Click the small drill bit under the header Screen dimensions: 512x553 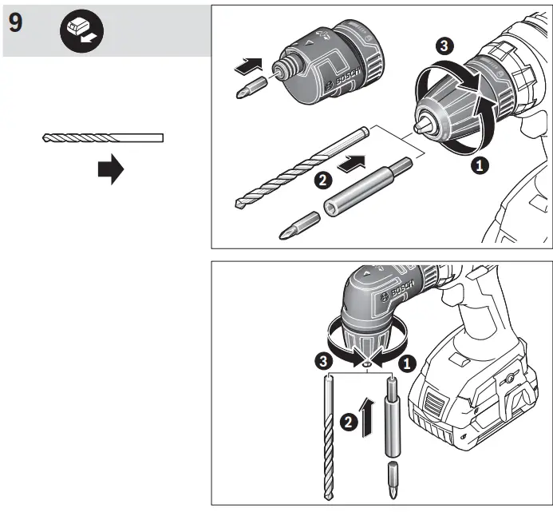pos(102,138)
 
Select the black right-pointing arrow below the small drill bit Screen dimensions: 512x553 pos(111,170)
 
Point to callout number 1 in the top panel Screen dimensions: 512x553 pos(479,165)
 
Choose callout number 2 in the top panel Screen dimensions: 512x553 pos(322,181)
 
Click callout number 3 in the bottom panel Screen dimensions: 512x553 pos(321,362)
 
